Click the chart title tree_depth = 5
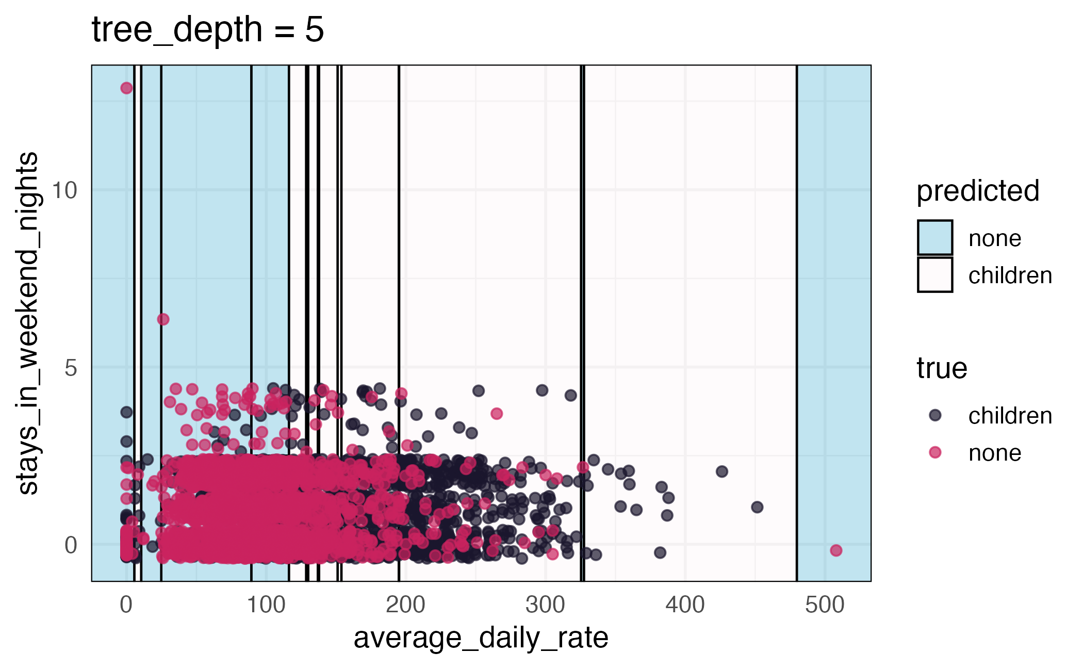[207, 29]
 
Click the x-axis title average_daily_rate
[481, 638]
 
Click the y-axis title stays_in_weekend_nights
[28, 323]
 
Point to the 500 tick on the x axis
[825, 605]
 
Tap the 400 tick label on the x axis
[685, 605]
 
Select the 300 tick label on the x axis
[545, 605]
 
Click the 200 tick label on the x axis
[405, 605]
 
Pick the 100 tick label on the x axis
[266, 605]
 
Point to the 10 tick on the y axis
[64, 190]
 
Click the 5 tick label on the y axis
[71, 368]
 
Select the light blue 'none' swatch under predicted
[934, 238]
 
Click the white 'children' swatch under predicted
[934, 275]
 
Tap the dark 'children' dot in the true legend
[935, 415]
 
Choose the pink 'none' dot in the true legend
[935, 452]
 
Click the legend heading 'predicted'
[977, 191]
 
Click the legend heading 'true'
[942, 368]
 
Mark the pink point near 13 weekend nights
[126, 88]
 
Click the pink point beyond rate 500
[836, 550]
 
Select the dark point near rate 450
[757, 507]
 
